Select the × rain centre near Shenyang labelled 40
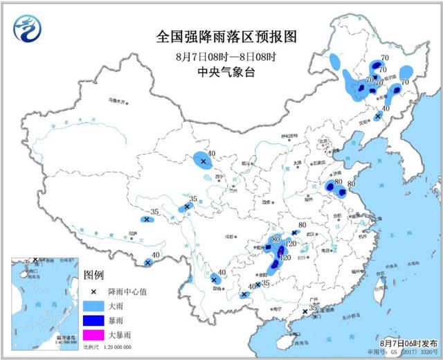(377, 117)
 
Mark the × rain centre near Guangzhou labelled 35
(305, 312)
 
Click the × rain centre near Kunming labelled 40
(215, 280)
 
